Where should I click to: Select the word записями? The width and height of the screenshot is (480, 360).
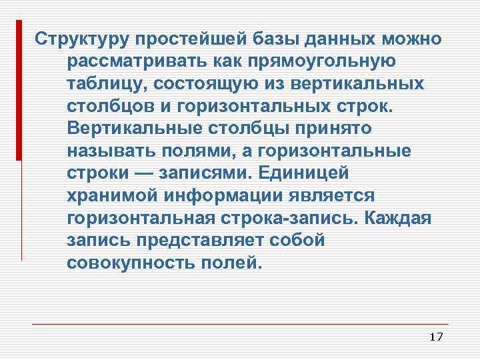(207, 174)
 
